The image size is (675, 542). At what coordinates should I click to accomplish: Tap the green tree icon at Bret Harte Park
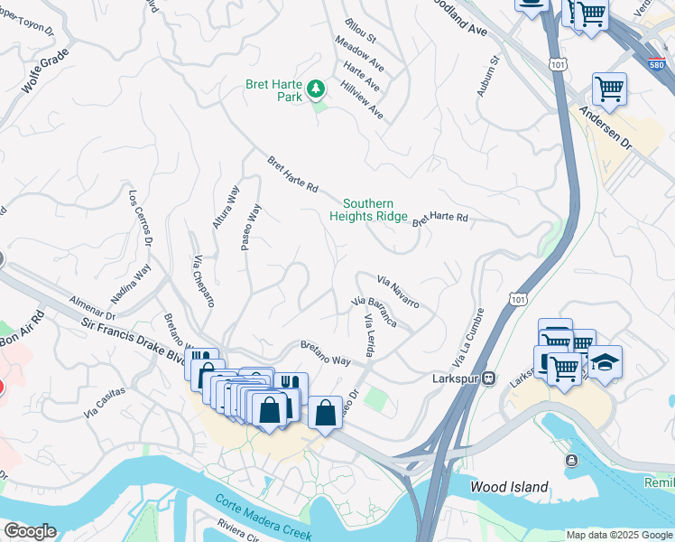tap(315, 88)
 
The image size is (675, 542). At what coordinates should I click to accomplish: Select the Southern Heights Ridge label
tap(368, 210)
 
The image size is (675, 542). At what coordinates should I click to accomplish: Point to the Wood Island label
tap(510, 487)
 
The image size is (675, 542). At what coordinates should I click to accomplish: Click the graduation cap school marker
tap(605, 361)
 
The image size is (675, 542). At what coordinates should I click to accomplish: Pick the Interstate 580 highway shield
tap(656, 64)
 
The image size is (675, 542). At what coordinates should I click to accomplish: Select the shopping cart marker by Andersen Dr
tap(609, 89)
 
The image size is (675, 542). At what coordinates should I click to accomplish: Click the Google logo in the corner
tap(29, 531)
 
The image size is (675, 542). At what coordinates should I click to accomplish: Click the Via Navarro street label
tap(398, 292)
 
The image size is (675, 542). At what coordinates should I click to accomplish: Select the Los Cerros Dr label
tap(141, 217)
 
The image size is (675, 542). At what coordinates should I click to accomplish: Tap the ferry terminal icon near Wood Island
tap(570, 461)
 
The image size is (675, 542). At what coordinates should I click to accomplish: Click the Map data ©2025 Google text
tap(618, 535)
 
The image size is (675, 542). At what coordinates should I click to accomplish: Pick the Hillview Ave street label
tap(362, 100)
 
